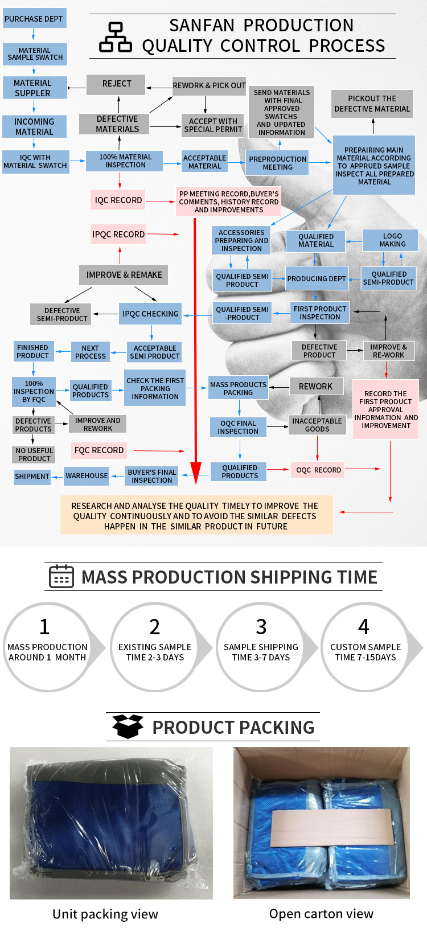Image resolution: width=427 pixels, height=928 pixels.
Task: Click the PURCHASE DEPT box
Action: [34, 19]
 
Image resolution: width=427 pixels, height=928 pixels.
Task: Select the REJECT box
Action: [116, 84]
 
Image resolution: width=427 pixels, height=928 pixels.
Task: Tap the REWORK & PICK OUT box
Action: [209, 85]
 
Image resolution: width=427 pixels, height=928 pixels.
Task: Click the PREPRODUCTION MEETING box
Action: [278, 163]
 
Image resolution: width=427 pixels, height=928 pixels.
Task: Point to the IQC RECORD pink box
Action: [118, 200]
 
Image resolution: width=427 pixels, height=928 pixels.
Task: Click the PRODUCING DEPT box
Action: [317, 279]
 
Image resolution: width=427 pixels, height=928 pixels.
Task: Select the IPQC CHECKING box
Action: [150, 314]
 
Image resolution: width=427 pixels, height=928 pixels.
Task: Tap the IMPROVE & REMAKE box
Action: [124, 275]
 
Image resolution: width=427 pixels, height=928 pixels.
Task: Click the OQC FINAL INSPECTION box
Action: [239, 428]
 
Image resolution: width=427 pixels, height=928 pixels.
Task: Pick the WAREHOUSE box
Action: [87, 476]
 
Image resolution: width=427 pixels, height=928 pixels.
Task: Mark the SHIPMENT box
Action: [32, 477]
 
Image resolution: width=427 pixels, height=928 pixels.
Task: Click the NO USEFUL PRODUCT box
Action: [34, 454]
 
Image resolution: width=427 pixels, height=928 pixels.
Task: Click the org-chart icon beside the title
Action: [116, 37]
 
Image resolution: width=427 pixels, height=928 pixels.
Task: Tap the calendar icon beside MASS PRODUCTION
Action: [61, 577]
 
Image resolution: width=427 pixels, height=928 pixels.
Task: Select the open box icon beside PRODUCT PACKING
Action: [128, 726]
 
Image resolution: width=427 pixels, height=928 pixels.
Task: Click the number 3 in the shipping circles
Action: [261, 627]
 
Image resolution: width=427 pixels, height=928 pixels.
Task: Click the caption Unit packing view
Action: [105, 914]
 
